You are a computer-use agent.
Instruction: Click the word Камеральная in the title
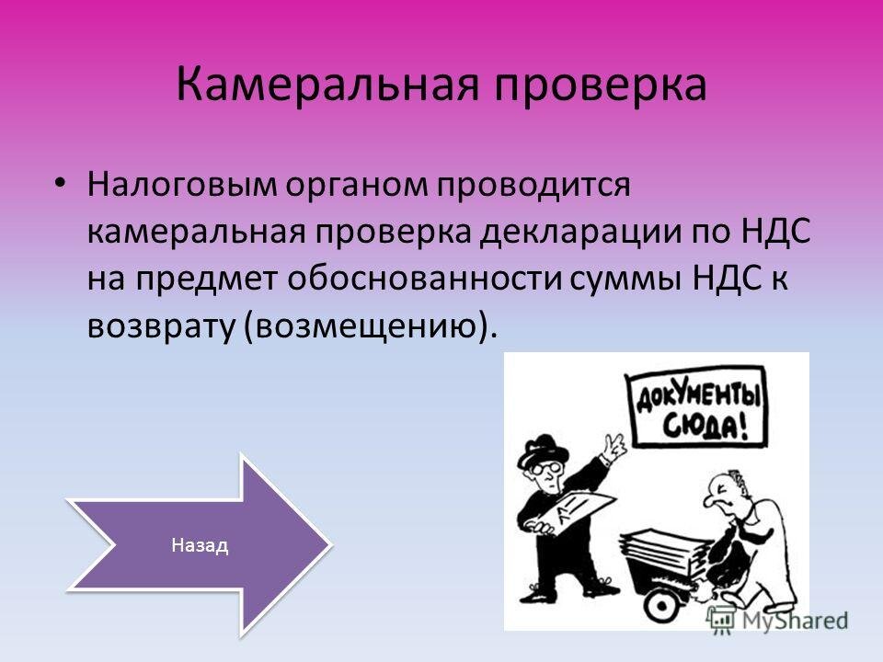click(327, 84)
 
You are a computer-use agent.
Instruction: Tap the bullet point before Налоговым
click(61, 184)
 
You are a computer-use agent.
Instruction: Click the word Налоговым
click(181, 185)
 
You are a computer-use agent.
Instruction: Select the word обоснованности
click(425, 279)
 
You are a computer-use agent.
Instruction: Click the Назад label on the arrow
click(200, 545)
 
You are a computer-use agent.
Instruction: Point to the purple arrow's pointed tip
click(329, 544)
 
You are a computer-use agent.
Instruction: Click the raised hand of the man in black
click(614, 444)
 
